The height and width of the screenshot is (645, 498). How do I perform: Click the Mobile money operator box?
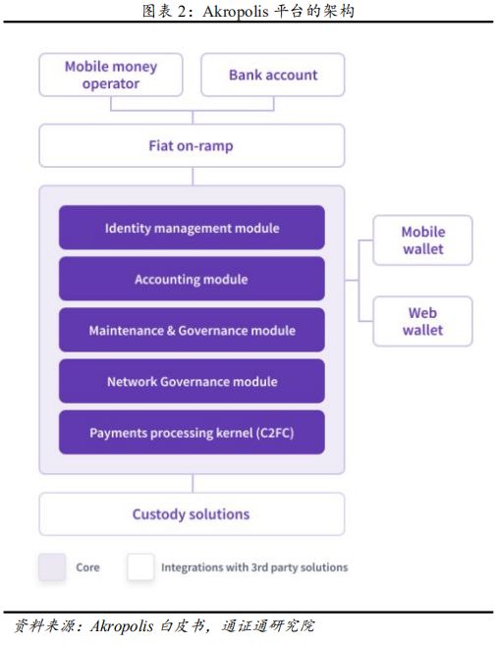pyautogui.click(x=111, y=75)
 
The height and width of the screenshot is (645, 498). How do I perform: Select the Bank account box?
pyautogui.click(x=273, y=75)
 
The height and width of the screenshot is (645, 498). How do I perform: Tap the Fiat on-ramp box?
pyautogui.click(x=192, y=145)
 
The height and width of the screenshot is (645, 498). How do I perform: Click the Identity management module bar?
pyautogui.click(x=192, y=228)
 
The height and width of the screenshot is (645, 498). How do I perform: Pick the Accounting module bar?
pyautogui.click(x=192, y=279)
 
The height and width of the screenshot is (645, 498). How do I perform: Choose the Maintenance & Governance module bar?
pyautogui.click(x=192, y=330)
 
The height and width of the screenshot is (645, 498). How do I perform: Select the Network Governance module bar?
pyautogui.click(x=192, y=381)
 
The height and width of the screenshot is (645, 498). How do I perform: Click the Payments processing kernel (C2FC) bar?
pyautogui.click(x=192, y=432)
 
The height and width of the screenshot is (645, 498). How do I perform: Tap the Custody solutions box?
pyautogui.click(x=192, y=514)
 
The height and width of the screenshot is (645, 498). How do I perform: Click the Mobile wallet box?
pyautogui.click(x=422, y=241)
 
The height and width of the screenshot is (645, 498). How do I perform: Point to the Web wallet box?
pyautogui.click(x=422, y=321)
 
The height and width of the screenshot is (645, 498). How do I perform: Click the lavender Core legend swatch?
pyautogui.click(x=52, y=567)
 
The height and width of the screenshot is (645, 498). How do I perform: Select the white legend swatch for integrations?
pyautogui.click(x=140, y=567)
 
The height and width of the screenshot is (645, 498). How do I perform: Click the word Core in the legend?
pyautogui.click(x=87, y=567)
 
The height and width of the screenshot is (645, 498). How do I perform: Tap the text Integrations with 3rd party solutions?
pyautogui.click(x=254, y=567)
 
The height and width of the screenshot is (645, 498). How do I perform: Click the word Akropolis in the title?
pyautogui.click(x=236, y=12)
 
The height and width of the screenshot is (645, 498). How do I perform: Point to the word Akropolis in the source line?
pyautogui.click(x=122, y=626)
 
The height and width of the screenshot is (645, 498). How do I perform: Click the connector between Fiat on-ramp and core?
pyautogui.click(x=193, y=177)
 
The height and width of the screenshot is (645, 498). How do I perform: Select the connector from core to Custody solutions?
pyautogui.click(x=193, y=483)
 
